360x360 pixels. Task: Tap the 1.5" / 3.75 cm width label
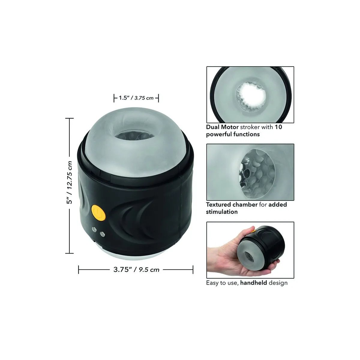(136, 98)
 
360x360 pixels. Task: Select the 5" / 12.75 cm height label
(69, 182)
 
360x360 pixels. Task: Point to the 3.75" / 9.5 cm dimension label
(136, 269)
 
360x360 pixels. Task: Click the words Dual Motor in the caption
(222, 127)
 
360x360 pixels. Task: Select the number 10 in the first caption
(278, 127)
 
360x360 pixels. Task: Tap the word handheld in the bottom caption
(253, 283)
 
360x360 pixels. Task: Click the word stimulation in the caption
(222, 212)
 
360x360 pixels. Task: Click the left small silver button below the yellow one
(94, 229)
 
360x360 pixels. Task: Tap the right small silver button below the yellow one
(103, 233)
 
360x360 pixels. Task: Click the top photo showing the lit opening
(250, 94)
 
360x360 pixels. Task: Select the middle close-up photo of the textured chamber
(250, 172)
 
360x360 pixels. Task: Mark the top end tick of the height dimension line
(69, 118)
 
